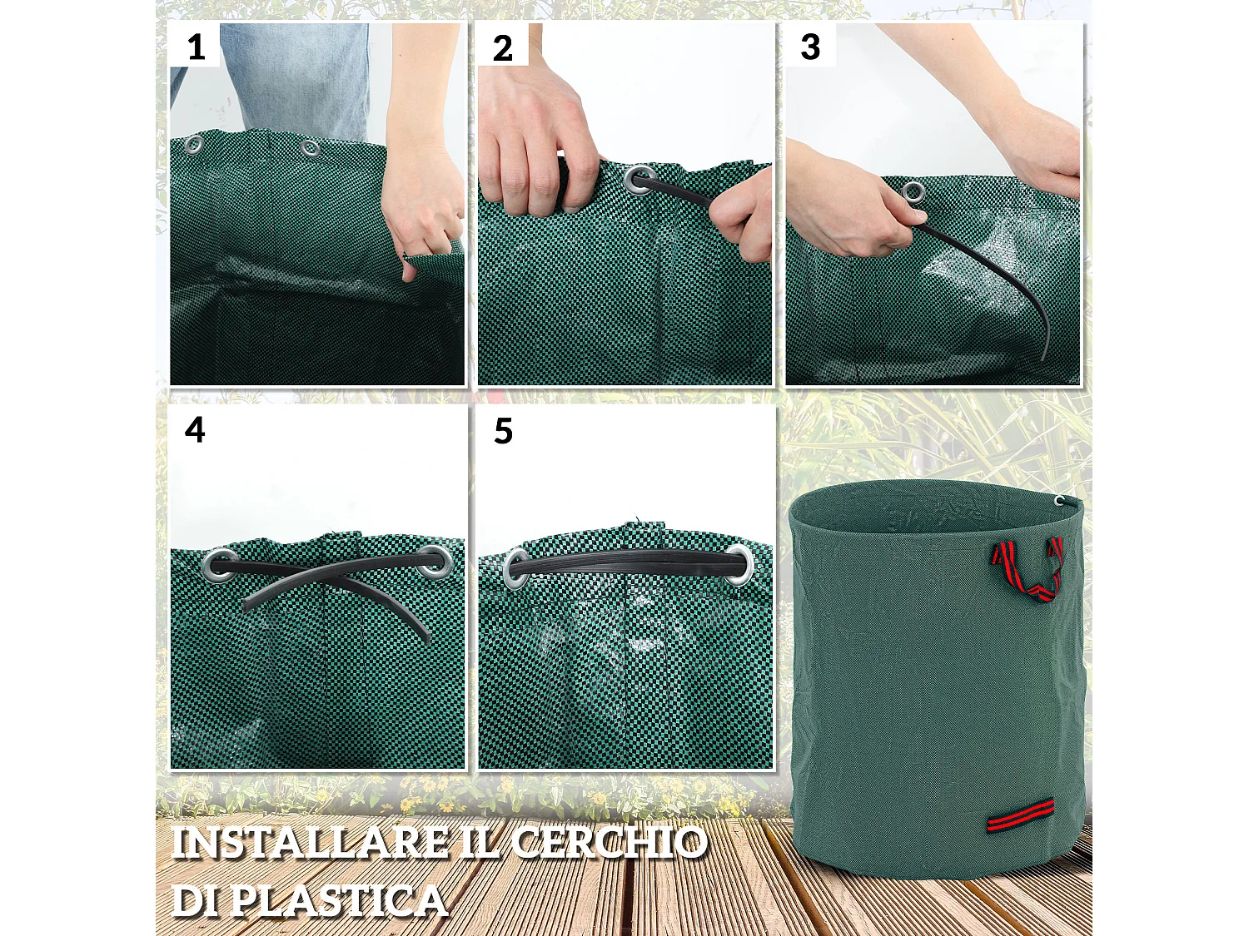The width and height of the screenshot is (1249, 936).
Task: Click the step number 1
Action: tap(196, 47)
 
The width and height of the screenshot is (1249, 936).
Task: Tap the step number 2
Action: tap(502, 48)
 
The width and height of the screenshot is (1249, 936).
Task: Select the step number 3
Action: tap(810, 47)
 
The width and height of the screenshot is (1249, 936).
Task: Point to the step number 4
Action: tap(195, 430)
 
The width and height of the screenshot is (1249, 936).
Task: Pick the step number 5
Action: tap(503, 431)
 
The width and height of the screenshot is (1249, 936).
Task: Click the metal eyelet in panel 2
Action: tap(639, 180)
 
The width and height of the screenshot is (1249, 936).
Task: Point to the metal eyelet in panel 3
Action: tap(913, 192)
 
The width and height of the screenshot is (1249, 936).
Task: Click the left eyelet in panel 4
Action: tap(218, 566)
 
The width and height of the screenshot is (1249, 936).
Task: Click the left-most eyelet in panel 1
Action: tap(193, 146)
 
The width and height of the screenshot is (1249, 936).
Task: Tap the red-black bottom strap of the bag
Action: tap(1020, 815)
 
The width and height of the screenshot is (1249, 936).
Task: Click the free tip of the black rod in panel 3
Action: tap(1045, 356)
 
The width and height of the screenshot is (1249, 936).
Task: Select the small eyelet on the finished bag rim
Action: tap(1059, 501)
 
